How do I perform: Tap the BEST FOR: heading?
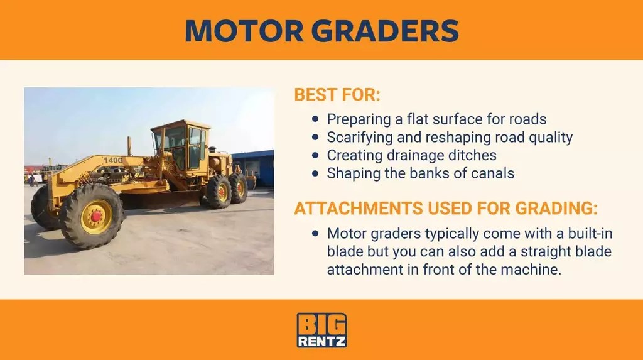click(x=337, y=96)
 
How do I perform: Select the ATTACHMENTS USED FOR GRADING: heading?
click(x=446, y=209)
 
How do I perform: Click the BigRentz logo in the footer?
click(x=321, y=330)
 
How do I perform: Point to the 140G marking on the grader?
click(x=113, y=160)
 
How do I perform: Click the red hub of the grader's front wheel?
click(x=96, y=216)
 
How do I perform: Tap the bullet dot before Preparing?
click(x=316, y=119)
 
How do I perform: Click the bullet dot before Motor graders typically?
click(x=316, y=234)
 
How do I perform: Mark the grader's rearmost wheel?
click(x=239, y=188)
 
